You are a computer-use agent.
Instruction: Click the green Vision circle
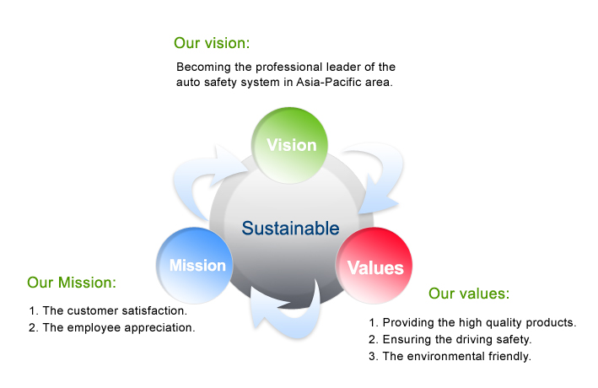pos(289,145)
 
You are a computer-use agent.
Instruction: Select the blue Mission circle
pos(195,266)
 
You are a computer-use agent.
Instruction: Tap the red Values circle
pos(374,266)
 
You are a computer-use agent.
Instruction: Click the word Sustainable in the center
pos(291,228)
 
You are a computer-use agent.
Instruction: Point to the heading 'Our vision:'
pos(212,43)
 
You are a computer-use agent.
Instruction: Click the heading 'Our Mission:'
pos(72,283)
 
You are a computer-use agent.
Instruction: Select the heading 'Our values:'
pos(469,294)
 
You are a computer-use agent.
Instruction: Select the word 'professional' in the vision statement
pos(289,67)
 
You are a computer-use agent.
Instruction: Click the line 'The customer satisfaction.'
pos(115,311)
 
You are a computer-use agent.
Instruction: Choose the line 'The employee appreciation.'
pos(119,328)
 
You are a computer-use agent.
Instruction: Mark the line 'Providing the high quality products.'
pos(479,323)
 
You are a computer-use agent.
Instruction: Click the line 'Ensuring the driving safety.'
pos(457,340)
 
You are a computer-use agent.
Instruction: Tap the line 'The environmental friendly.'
pos(456,356)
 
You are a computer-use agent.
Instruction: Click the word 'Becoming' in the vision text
pos(203,67)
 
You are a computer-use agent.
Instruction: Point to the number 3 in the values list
pos(372,356)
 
